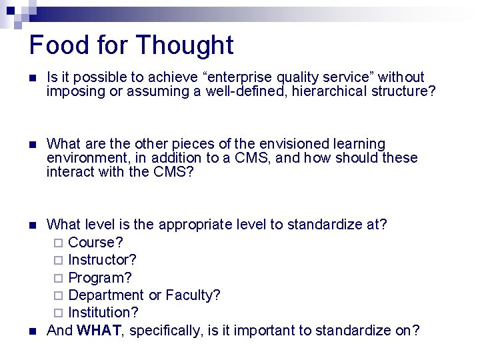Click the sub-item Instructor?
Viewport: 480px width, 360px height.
point(103,259)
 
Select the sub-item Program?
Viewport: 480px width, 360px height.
point(100,277)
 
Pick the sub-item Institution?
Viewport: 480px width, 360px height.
point(103,312)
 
